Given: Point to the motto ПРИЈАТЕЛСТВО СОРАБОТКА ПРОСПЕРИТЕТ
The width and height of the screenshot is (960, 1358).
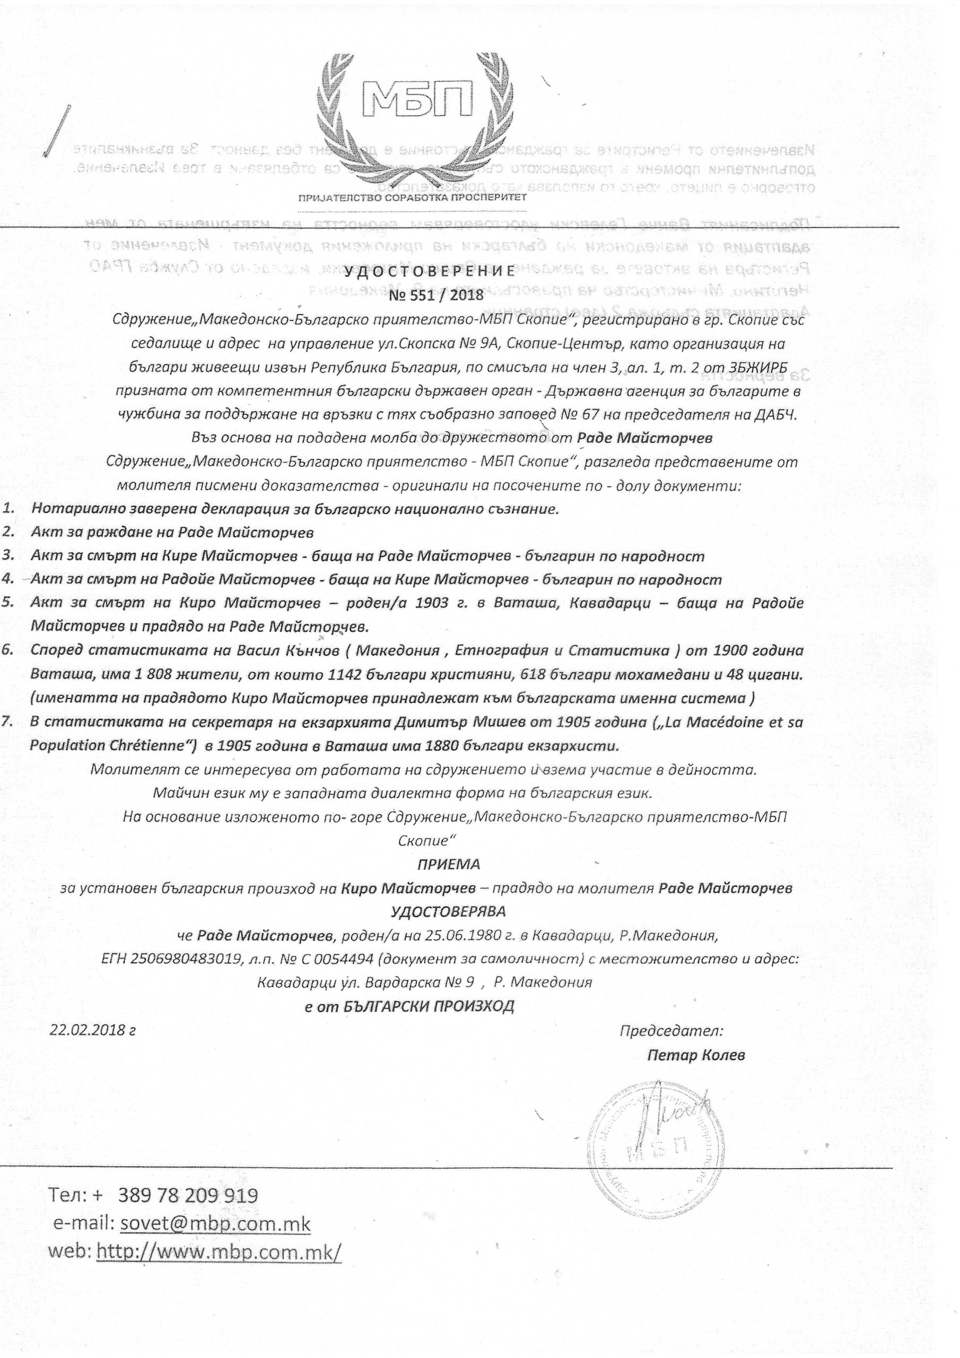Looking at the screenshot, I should (x=412, y=197).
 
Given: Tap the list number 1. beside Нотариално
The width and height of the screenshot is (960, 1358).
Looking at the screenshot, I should (x=9, y=509).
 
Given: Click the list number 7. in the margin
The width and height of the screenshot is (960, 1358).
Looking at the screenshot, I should (x=9, y=721).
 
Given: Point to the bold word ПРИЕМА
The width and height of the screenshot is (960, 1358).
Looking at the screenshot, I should (x=448, y=864).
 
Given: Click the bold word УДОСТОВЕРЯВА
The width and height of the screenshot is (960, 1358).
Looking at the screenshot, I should (x=448, y=911).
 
